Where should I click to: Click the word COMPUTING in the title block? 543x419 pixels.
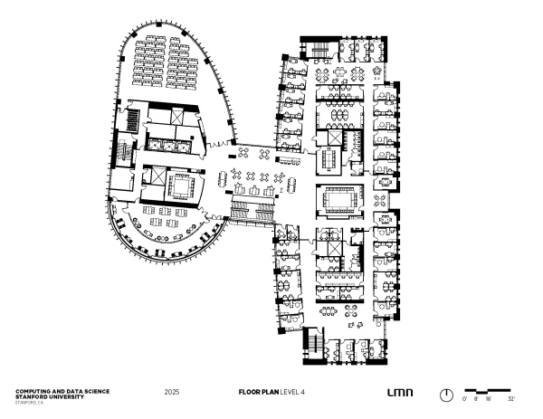coord(33,391)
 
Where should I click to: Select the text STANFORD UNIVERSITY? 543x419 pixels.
coord(49,395)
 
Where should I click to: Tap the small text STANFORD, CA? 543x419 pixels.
coord(29,400)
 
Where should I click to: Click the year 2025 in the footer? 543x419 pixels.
coord(172,394)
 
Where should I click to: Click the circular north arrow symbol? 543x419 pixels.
coord(446,395)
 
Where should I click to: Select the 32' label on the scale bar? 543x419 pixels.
coord(511,398)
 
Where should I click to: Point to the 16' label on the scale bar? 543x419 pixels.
coord(488,398)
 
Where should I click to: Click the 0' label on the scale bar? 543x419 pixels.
coord(465,398)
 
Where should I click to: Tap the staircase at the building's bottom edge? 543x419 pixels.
coord(314,342)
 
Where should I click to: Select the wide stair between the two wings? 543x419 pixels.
coord(252,212)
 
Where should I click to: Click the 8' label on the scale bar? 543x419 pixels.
coord(476,398)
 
